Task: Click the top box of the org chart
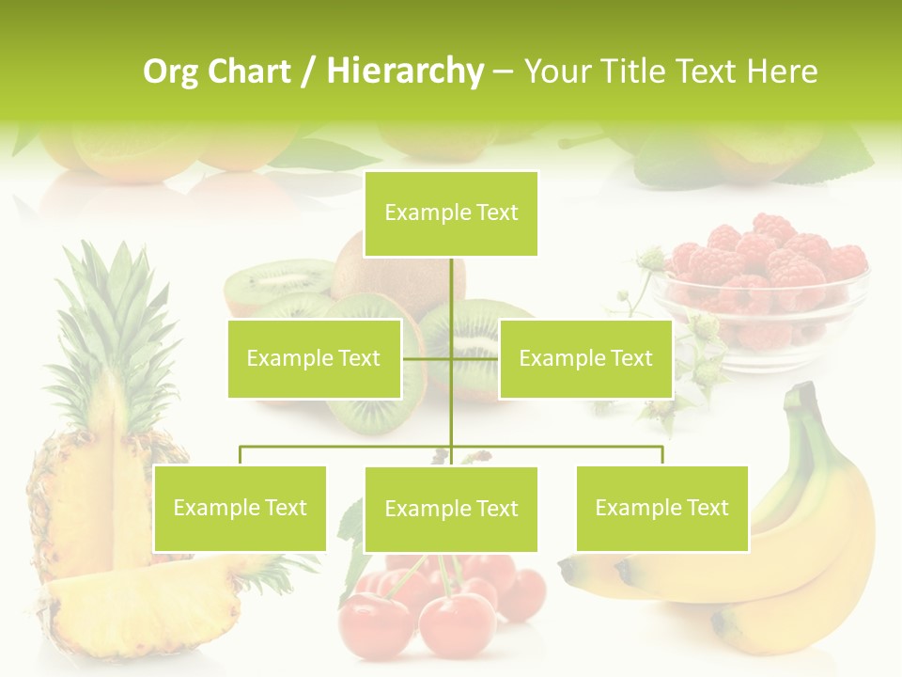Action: (451, 213)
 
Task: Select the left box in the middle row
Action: (314, 358)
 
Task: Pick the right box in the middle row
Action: (585, 358)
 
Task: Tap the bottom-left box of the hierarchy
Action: (240, 508)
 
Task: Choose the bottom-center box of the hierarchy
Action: (451, 509)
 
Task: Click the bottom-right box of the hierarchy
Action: (661, 508)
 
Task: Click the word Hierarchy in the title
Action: (405, 71)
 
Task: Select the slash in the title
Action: (309, 71)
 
